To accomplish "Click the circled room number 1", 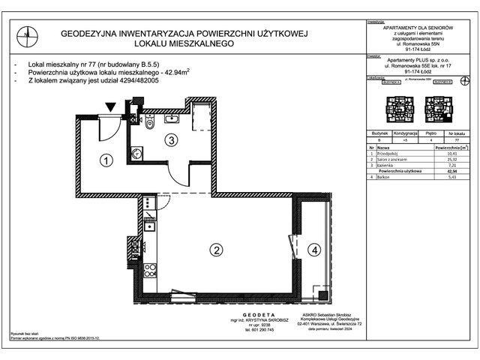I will [106, 159].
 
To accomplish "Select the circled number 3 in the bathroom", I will [171, 139].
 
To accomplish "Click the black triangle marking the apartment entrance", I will [111, 109].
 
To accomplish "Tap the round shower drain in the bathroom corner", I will [136, 154].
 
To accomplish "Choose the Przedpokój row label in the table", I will [386, 154].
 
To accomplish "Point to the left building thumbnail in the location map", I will [395, 112].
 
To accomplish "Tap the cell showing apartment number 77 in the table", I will [456, 139].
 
